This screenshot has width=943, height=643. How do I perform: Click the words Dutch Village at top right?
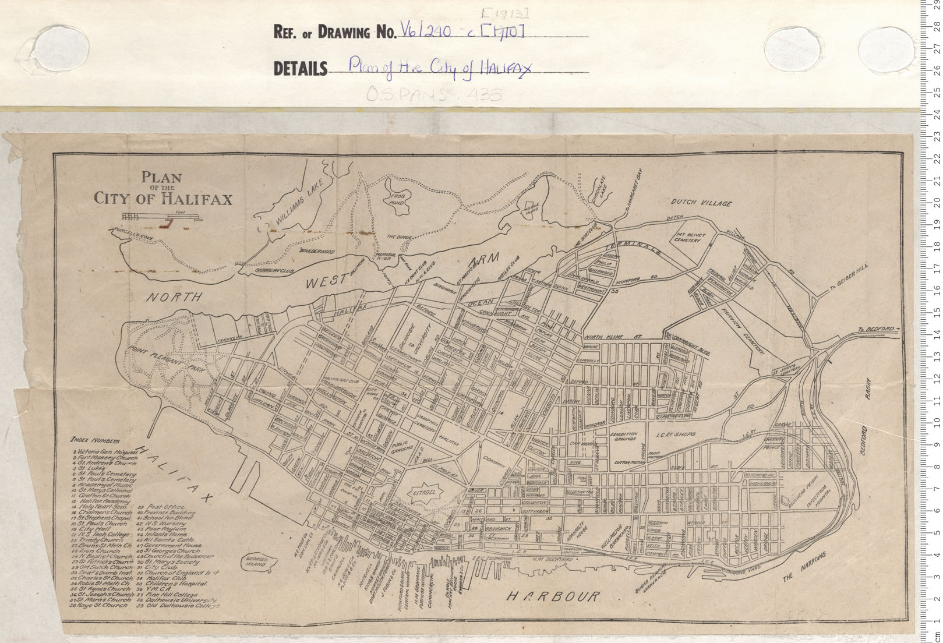point(701,203)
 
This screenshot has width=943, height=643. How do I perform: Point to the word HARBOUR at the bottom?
point(552,596)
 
